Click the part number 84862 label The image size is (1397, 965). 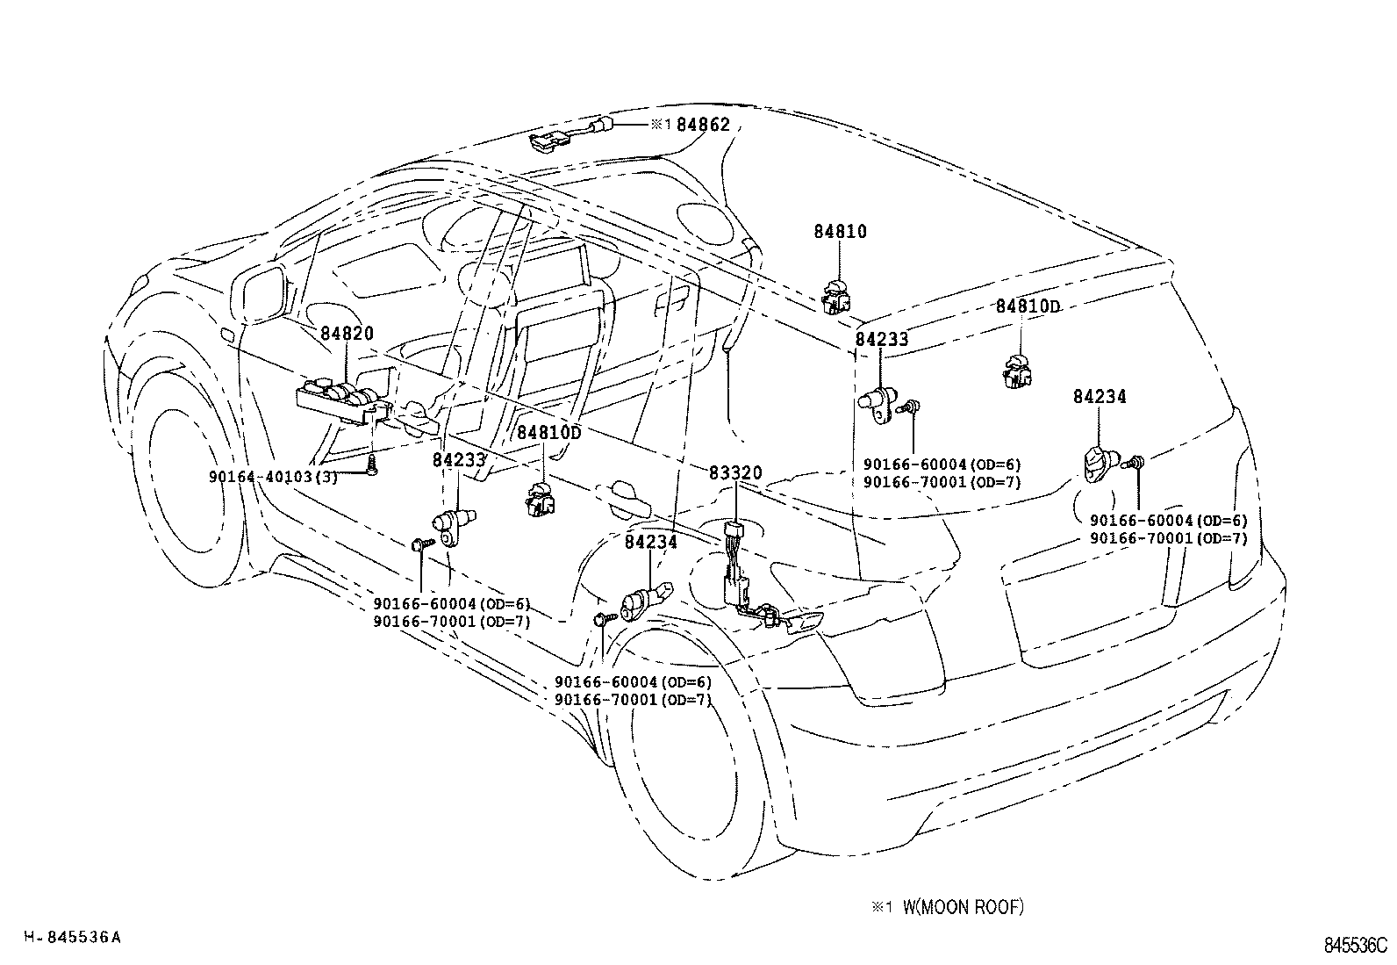coord(703,126)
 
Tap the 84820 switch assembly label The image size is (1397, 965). coord(347,334)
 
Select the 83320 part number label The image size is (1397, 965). coord(735,473)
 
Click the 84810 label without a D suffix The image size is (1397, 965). coord(840,232)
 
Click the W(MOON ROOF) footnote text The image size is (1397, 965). coord(962,908)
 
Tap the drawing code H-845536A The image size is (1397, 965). coord(72,937)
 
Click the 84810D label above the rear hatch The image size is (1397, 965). coord(1028,306)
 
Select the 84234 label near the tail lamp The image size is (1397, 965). coord(1099,397)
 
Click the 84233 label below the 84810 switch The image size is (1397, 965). coord(882,340)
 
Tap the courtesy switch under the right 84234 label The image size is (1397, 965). coord(1101,463)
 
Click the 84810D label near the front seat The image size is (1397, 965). coord(548,433)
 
